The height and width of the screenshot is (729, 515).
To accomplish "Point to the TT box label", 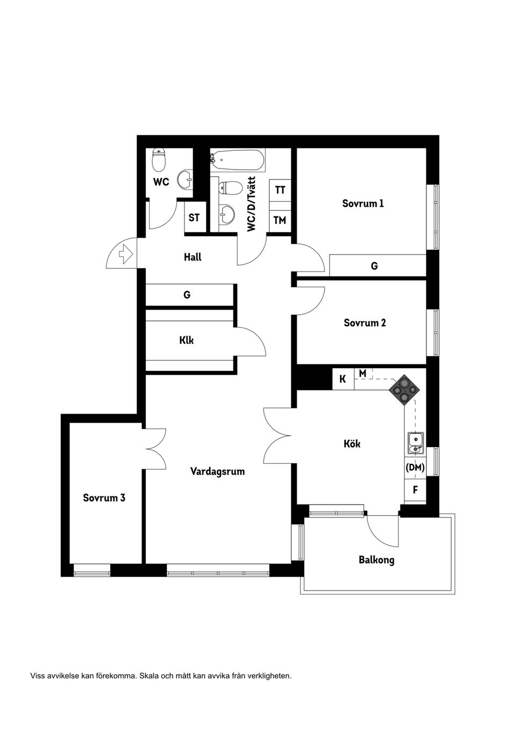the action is click(x=280, y=189).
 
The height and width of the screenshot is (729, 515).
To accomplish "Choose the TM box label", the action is click(x=279, y=220).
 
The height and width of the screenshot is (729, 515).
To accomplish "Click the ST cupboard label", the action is click(x=194, y=217).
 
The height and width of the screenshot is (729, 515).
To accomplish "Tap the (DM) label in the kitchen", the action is click(x=415, y=468).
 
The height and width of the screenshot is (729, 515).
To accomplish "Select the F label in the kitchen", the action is click(x=415, y=490).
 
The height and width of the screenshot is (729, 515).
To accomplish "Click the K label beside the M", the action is click(x=343, y=379).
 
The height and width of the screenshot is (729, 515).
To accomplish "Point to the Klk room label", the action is click(x=187, y=340).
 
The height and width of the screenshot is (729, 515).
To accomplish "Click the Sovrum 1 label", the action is click(x=363, y=203).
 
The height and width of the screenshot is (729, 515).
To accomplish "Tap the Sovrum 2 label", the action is click(x=365, y=323).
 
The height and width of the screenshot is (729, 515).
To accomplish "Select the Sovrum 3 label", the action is click(x=104, y=498).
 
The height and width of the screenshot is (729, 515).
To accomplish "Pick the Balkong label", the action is click(x=377, y=560).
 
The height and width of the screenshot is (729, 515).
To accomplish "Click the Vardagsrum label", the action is click(x=217, y=471).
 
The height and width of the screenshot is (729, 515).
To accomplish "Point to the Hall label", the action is click(x=193, y=257).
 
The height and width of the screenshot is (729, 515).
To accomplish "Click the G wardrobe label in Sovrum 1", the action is click(x=374, y=266).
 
